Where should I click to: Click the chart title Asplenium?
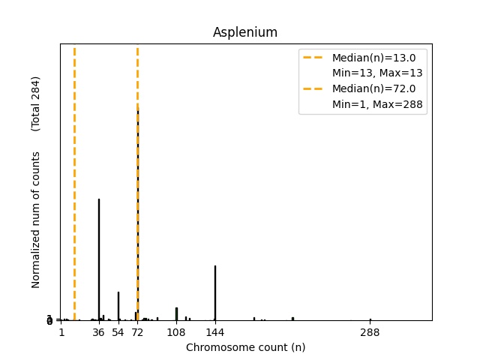click(245, 32)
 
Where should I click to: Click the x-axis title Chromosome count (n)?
click(245, 347)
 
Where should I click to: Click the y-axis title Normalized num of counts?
click(36, 220)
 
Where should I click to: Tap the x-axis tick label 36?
click(98, 332)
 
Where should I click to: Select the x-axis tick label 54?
click(118, 332)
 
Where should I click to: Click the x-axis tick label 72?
click(137, 332)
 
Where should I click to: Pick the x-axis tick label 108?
click(176, 332)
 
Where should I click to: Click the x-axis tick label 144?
click(215, 332)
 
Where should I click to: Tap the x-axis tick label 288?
click(370, 332)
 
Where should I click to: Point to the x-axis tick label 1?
click(61, 332)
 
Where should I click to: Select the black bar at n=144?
click(215, 292)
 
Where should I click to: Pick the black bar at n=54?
click(118, 306)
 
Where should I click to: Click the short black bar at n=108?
click(176, 313)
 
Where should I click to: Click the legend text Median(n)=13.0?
click(373, 57)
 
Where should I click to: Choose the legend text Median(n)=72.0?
click(373, 88)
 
